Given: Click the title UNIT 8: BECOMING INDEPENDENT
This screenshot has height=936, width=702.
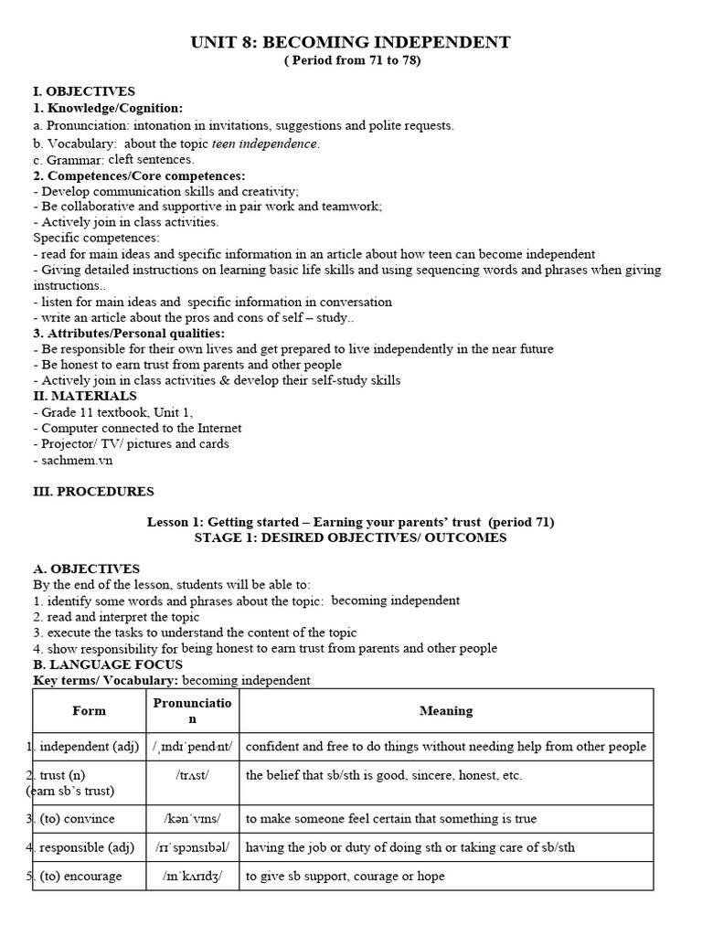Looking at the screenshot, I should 350,42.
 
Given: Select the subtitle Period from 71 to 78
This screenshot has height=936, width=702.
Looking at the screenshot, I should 350,60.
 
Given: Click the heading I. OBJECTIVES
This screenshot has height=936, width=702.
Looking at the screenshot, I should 84,91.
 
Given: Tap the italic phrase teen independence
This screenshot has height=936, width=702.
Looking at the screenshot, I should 265,144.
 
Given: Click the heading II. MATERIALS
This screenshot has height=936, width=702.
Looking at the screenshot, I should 85,396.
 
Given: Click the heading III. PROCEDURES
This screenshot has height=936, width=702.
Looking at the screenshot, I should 93,491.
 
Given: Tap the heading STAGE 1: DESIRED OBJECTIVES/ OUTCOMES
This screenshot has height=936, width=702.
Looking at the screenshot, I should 350,537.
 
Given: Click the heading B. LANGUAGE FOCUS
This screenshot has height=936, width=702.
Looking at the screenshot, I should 108,665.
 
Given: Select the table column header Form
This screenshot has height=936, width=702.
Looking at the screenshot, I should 89,710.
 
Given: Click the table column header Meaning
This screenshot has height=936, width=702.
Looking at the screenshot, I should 446,710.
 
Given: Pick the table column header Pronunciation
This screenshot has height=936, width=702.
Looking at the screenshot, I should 192,710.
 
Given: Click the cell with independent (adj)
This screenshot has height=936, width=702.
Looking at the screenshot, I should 89,746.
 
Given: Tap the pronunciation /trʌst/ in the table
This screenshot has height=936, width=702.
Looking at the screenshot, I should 192,775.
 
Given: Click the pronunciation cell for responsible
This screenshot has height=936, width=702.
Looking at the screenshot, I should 192,846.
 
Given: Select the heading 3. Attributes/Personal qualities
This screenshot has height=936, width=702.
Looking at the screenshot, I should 122,333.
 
